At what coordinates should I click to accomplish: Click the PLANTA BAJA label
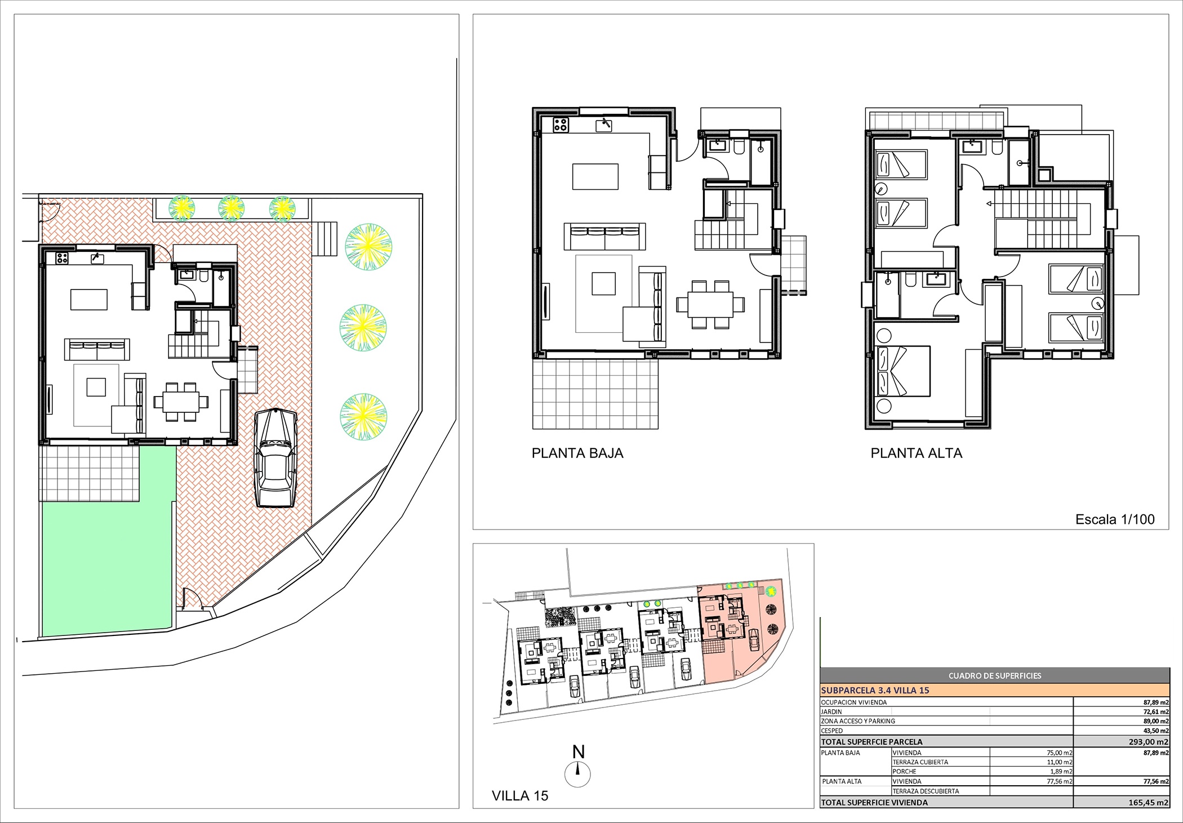(x=577, y=453)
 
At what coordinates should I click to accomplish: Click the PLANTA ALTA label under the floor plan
(x=917, y=453)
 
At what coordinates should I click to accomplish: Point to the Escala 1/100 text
(x=1115, y=519)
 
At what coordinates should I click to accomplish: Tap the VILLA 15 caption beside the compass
(x=520, y=796)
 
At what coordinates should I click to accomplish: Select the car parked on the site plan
(x=275, y=457)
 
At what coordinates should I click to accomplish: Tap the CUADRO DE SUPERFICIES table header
(x=995, y=676)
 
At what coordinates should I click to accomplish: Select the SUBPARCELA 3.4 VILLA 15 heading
(x=875, y=690)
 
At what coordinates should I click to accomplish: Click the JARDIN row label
(x=831, y=712)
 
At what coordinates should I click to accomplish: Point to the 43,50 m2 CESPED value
(x=1156, y=731)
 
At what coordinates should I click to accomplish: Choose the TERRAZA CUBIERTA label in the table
(x=920, y=762)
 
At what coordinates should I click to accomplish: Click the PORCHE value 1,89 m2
(x=1060, y=772)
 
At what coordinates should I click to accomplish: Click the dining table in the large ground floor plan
(x=710, y=305)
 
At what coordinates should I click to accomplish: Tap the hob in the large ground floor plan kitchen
(x=561, y=124)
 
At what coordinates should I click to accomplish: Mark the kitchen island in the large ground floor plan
(x=595, y=176)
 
